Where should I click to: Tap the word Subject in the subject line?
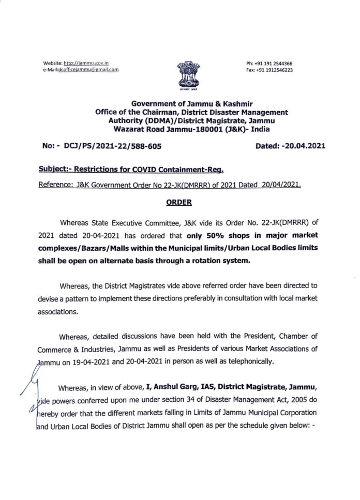click(x=54, y=170)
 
